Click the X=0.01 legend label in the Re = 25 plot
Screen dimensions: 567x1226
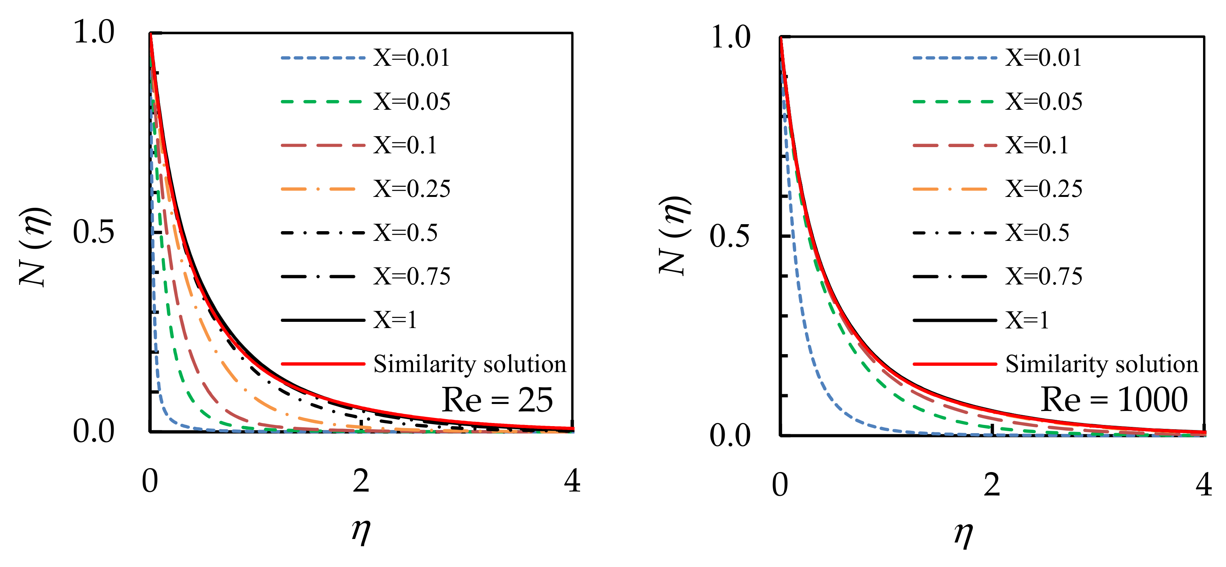[411, 58]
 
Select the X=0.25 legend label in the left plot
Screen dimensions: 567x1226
[411, 189]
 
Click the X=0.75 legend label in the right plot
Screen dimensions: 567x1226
[1043, 277]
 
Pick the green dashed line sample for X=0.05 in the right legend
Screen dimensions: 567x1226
[954, 102]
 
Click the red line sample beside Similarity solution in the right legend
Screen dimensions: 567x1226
[954, 364]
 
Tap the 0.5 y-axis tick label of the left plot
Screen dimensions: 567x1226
[93, 232]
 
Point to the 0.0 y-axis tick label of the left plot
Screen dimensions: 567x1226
[93, 431]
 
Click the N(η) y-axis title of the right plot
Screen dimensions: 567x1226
[674, 236]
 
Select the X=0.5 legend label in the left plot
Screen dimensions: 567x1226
[405, 233]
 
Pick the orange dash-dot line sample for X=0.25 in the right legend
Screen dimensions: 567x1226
[950, 189]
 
